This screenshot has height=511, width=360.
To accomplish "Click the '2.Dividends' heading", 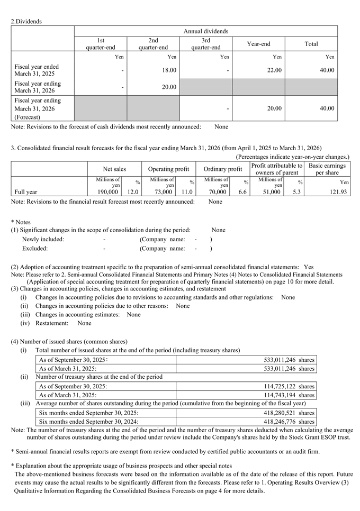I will tap(26, 22).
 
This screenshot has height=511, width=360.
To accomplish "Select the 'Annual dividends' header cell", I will tap(205, 31).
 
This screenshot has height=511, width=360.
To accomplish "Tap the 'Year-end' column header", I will tap(258, 44).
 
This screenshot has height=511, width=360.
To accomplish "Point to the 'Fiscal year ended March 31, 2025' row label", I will tap(37, 70).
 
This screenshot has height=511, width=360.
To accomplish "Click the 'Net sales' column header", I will tap(114, 169).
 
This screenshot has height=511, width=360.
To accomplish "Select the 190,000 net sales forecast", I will tap(108, 192).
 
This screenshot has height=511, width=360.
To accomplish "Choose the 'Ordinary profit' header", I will tap(222, 169).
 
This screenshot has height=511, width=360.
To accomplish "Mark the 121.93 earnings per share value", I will tap(337, 192).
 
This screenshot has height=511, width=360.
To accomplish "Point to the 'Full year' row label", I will tap(26, 192).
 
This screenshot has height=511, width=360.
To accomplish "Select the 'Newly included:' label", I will tap(43, 239).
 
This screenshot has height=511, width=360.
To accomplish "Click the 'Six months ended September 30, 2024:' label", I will tap(89, 422).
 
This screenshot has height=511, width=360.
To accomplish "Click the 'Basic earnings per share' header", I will tap(327, 169).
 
